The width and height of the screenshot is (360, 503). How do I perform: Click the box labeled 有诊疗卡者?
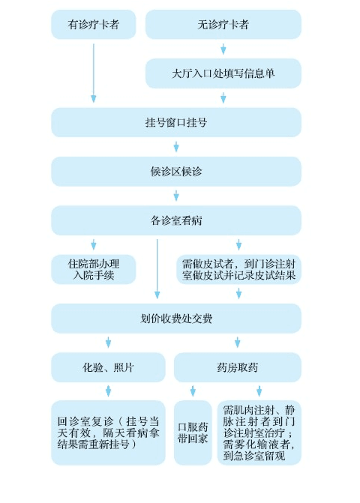pyautogui.click(x=93, y=25)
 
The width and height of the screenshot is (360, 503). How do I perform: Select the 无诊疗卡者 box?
pyautogui.click(x=223, y=25)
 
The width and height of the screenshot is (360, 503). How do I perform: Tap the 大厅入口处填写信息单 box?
pyautogui.click(x=223, y=73)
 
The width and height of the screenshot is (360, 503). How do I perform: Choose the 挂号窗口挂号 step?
pyautogui.click(x=176, y=122)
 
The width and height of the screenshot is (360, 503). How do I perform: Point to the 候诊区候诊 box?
pyautogui.click(x=176, y=172)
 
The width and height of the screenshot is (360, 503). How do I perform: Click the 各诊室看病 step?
pyautogui.click(x=176, y=220)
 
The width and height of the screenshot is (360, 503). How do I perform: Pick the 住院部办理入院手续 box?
pyautogui.click(x=93, y=269)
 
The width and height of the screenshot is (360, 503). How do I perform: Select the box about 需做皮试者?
pyautogui.click(x=238, y=269)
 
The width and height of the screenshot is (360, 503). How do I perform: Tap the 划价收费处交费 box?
pyautogui.click(x=176, y=319)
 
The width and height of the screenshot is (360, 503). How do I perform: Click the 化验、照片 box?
pyautogui.click(x=108, y=367)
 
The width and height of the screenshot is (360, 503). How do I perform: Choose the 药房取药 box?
pyautogui.click(x=238, y=367)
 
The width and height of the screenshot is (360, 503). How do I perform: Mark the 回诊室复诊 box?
pyautogui.click(x=108, y=433)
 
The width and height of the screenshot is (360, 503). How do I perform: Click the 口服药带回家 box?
pyautogui.click(x=193, y=433)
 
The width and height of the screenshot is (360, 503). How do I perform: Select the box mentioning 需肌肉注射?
pyautogui.click(x=259, y=433)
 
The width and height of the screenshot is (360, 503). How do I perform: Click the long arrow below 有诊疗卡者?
pyautogui.click(x=93, y=73)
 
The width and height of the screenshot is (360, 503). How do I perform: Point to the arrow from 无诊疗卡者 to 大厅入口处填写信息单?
pyautogui.click(x=223, y=49)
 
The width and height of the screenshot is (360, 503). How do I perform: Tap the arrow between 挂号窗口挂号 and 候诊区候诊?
pyautogui.click(x=176, y=147)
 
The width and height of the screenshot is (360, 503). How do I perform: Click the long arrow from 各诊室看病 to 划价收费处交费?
pyautogui.click(x=157, y=269)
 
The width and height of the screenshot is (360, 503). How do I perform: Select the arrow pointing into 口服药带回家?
pyautogui.click(x=193, y=391)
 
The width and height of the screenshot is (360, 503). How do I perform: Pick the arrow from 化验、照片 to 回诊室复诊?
pyautogui.click(x=108, y=391)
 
